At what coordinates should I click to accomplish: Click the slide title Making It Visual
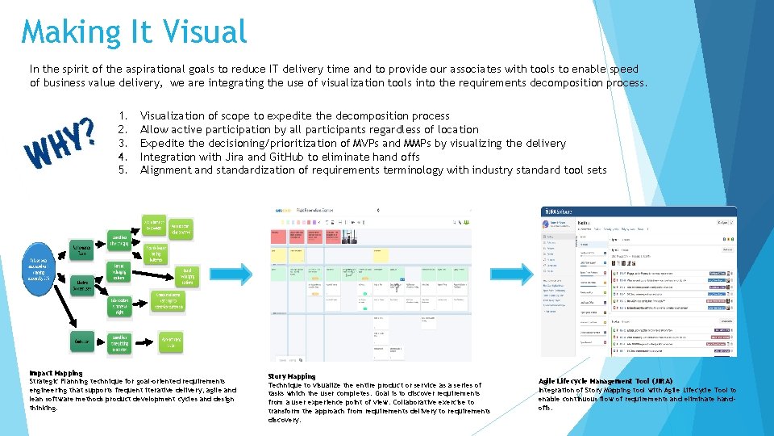pos(134,32)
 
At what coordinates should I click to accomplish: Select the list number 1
pos(121,116)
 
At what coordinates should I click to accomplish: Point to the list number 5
pos(121,170)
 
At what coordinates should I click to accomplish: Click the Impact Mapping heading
pos(56,373)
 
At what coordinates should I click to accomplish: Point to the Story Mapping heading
pos(292,376)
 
